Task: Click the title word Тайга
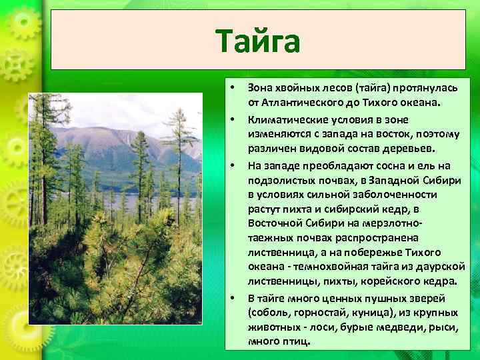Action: (x=258, y=41)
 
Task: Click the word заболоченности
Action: (x=396, y=194)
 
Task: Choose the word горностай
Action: (x=319, y=312)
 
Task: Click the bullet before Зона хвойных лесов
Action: (x=231, y=88)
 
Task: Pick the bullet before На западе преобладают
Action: (x=231, y=165)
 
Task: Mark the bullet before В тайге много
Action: (x=231, y=297)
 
